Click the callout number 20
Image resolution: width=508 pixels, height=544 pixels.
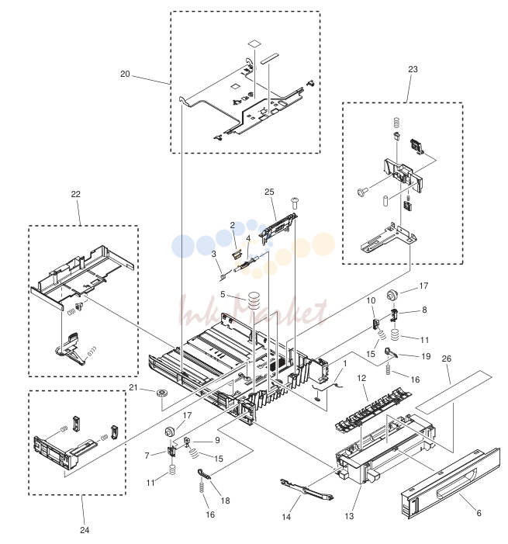125,74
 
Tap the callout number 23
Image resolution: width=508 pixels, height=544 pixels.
413,69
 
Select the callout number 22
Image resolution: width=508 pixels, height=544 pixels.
75,194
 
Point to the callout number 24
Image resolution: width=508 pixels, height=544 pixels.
85,530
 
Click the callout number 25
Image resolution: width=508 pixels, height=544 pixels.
269,192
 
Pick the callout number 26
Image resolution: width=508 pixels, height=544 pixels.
447,359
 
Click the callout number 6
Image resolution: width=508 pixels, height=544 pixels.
479,513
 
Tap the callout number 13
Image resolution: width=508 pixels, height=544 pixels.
349,516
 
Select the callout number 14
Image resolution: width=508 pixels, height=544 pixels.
286,517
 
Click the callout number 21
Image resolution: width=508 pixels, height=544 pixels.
133,387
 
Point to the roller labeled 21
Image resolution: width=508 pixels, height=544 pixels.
161,393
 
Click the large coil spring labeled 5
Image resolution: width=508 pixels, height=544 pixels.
254,301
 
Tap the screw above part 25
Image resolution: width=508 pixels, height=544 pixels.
295,203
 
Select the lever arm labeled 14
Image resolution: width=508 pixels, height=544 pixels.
306,490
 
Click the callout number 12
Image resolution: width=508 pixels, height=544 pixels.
361,378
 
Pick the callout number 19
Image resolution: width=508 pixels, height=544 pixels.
426,356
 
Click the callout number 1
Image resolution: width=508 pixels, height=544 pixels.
345,363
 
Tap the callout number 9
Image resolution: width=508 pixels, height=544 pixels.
217,440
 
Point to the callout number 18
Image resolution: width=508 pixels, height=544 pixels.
226,501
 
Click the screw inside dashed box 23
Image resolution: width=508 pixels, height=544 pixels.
362,191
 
